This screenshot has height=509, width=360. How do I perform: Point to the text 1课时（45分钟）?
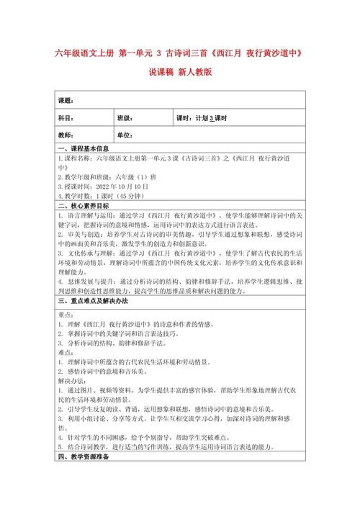pos(125,194)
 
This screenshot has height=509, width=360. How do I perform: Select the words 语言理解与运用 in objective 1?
pos(87,214)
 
